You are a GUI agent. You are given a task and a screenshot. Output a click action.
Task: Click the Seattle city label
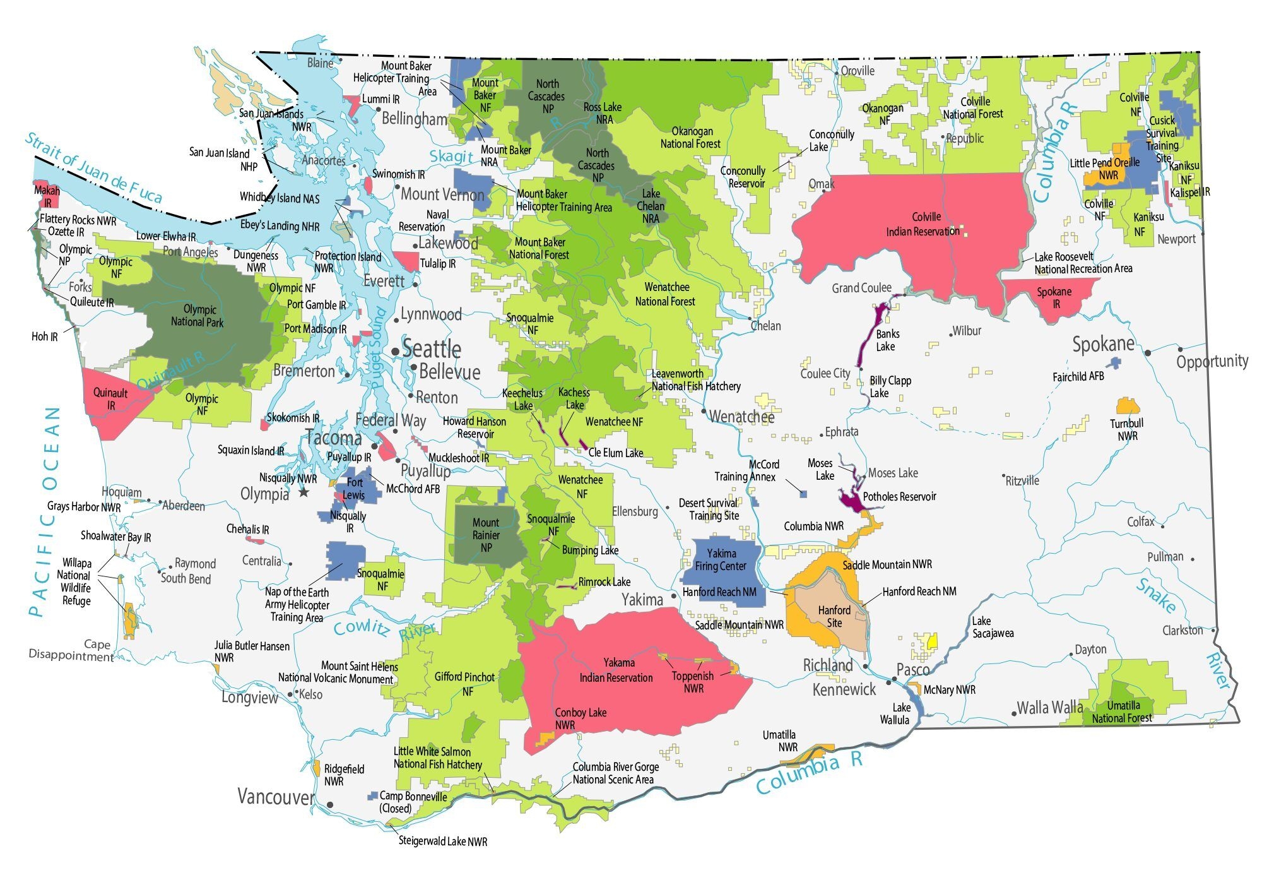[x=432, y=349]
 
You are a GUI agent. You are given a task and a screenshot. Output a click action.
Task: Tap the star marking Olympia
[x=304, y=492]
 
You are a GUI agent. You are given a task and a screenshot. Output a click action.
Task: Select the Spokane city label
[x=1104, y=345]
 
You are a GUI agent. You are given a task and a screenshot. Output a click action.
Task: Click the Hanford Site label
[x=834, y=616]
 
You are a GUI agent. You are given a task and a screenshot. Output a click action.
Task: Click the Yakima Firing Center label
[x=721, y=559]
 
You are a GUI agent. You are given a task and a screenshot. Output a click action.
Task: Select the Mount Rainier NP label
[x=486, y=535]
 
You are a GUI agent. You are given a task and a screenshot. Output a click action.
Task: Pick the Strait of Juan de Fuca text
[x=93, y=167]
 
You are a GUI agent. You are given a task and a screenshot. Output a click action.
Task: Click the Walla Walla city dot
[x=1014, y=713]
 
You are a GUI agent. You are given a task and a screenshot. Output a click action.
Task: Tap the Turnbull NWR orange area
[x=1127, y=405]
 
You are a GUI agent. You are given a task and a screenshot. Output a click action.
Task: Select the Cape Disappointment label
[x=71, y=650]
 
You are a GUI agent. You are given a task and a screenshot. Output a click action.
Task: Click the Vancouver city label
[x=276, y=797]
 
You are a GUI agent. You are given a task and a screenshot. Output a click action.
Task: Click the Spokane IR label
[x=1054, y=297]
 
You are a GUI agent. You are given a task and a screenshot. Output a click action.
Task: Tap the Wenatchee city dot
[x=704, y=411]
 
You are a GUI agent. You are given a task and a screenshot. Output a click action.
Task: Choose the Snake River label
[x=1156, y=595]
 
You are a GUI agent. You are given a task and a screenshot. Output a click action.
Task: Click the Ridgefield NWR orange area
[x=316, y=768]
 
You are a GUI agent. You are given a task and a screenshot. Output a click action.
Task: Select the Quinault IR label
[x=110, y=399]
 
